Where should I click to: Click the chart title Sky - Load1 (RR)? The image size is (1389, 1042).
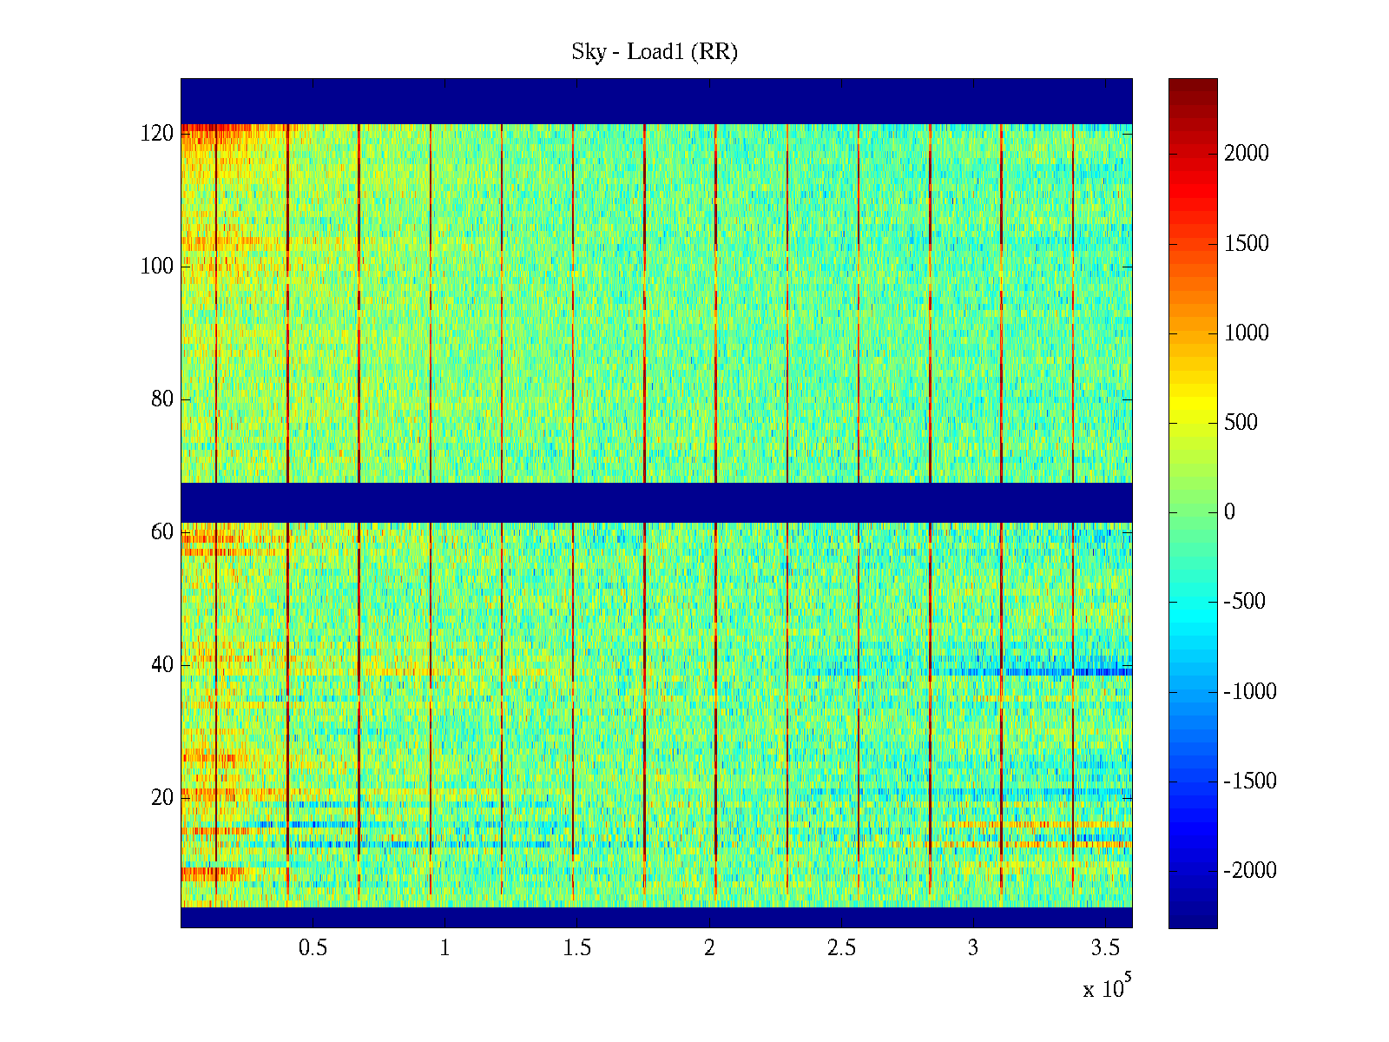pos(655,52)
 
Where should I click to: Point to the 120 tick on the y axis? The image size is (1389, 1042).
pos(157,134)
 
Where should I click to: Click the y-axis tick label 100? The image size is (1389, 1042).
pos(157,267)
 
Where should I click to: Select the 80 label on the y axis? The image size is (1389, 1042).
pos(162,399)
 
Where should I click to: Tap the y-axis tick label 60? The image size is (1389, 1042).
pos(162,532)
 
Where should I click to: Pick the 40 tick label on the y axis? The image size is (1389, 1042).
pos(162,665)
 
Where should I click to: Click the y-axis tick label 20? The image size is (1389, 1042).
pos(162,798)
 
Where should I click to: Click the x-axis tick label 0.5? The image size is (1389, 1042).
pos(313,948)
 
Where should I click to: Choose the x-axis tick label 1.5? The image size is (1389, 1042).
pos(576,948)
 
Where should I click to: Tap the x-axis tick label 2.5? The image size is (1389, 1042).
pos(841,948)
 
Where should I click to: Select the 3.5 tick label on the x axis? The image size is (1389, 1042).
pos(1105,948)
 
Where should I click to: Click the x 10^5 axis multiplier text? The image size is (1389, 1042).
pos(1106,988)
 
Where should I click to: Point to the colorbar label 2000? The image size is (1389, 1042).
pos(1246,154)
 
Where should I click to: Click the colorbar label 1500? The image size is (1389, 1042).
pos(1246,243)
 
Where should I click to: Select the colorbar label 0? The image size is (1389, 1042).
pos(1229,512)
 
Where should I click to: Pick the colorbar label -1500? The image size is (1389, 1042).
pos(1249,781)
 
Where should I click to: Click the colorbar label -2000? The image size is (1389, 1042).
pos(1249,871)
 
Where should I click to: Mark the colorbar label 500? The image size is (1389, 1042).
pos(1241,423)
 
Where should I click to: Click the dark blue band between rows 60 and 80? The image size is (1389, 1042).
pos(656,502)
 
